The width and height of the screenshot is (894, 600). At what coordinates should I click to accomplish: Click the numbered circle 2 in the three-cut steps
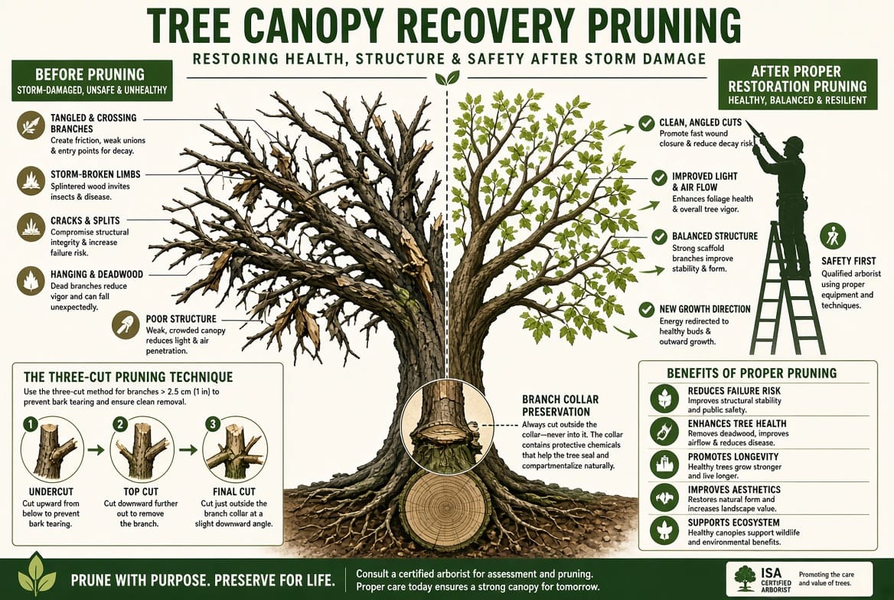119,424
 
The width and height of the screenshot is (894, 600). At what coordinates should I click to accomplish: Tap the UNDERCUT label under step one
51,491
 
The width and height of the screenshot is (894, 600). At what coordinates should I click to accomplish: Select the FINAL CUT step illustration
235,450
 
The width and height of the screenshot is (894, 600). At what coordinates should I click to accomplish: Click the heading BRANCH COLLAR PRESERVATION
560,406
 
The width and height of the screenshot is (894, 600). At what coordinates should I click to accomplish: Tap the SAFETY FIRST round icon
833,236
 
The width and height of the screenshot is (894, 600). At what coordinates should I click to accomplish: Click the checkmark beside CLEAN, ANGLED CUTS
646,122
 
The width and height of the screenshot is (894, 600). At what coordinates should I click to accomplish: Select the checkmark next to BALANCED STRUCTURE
659,236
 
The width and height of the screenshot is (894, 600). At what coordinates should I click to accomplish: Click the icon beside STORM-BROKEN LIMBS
31,180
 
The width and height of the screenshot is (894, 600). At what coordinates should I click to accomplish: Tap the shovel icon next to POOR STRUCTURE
126,325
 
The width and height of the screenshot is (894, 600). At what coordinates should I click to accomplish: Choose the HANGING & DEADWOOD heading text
96,274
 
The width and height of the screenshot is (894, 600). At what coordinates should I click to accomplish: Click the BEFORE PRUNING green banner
92,80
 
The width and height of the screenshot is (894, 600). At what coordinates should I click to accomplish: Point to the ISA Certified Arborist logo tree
746,578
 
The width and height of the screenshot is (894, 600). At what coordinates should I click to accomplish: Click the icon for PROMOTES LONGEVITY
664,465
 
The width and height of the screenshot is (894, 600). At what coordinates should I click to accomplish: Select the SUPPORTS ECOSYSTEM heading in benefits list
733,523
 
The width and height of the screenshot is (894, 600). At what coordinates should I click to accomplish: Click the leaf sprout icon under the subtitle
447,78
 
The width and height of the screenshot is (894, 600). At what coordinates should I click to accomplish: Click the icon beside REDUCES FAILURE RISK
664,398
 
